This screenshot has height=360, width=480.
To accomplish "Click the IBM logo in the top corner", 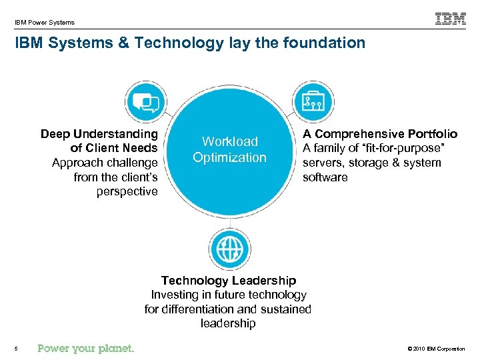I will pyautogui.click(x=451, y=19).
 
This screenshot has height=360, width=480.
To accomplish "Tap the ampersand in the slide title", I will pyautogui.click(x=124, y=43).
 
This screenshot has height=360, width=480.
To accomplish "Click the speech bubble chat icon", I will pyautogui.click(x=146, y=101).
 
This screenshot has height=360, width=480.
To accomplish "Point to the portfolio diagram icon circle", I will pyautogui.click(x=312, y=101).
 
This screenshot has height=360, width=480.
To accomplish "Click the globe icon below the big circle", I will pyautogui.click(x=230, y=249).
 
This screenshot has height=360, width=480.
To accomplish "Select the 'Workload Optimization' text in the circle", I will pyautogui.click(x=229, y=149).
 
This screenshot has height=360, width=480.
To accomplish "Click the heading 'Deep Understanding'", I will pyautogui.click(x=99, y=134).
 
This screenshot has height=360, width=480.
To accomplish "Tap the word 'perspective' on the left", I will pyautogui.click(x=127, y=191).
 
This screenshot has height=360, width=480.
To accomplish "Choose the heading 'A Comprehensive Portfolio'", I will pyautogui.click(x=380, y=134).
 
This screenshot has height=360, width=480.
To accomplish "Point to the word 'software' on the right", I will pyautogui.click(x=325, y=177).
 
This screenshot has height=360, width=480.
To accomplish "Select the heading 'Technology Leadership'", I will pyautogui.click(x=229, y=281).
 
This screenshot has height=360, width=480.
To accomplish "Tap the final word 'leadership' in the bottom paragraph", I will pyautogui.click(x=228, y=323).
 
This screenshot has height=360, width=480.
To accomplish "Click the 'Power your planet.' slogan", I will pyautogui.click(x=86, y=348).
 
